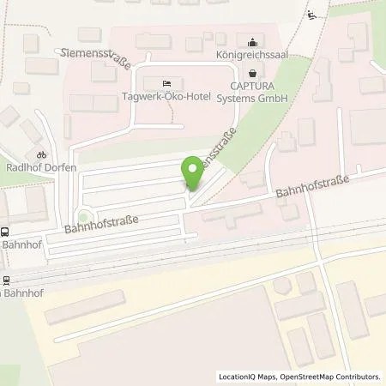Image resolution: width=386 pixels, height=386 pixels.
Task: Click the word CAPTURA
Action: point(251,86)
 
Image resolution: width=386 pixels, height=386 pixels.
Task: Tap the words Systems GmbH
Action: point(251,97)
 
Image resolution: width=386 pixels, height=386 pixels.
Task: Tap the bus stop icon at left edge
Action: point(5,232)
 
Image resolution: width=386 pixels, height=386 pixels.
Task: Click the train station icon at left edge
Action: point(5,280)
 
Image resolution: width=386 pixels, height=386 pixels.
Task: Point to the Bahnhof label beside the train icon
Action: point(16,293)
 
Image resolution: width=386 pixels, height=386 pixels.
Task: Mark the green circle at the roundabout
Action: point(82,216)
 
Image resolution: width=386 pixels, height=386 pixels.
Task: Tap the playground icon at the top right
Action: point(312,14)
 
